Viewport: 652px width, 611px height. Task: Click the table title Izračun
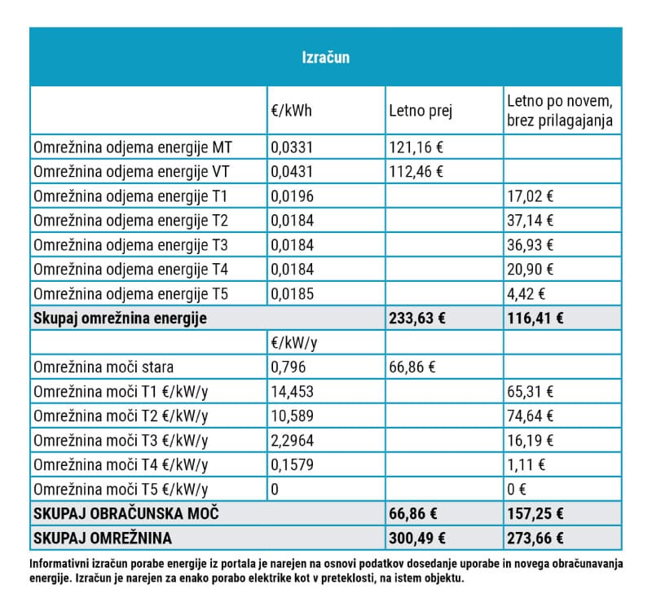[x=325, y=58]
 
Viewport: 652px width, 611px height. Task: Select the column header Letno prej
[x=421, y=111]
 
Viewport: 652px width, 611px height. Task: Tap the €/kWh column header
[x=291, y=111]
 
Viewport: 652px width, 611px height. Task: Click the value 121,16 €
[x=416, y=147]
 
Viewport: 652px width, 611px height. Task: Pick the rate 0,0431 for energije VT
[x=292, y=172]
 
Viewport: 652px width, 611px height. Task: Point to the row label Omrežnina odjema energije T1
[x=130, y=196]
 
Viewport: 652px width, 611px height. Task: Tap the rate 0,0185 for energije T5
[x=292, y=294]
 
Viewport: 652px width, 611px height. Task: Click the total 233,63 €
[x=418, y=319]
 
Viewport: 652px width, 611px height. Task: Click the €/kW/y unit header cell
[x=294, y=343]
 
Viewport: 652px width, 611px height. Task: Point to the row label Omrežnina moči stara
[x=104, y=367]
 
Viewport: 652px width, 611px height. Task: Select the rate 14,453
[x=292, y=392]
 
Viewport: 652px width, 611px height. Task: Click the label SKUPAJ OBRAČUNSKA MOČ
[x=126, y=514]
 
